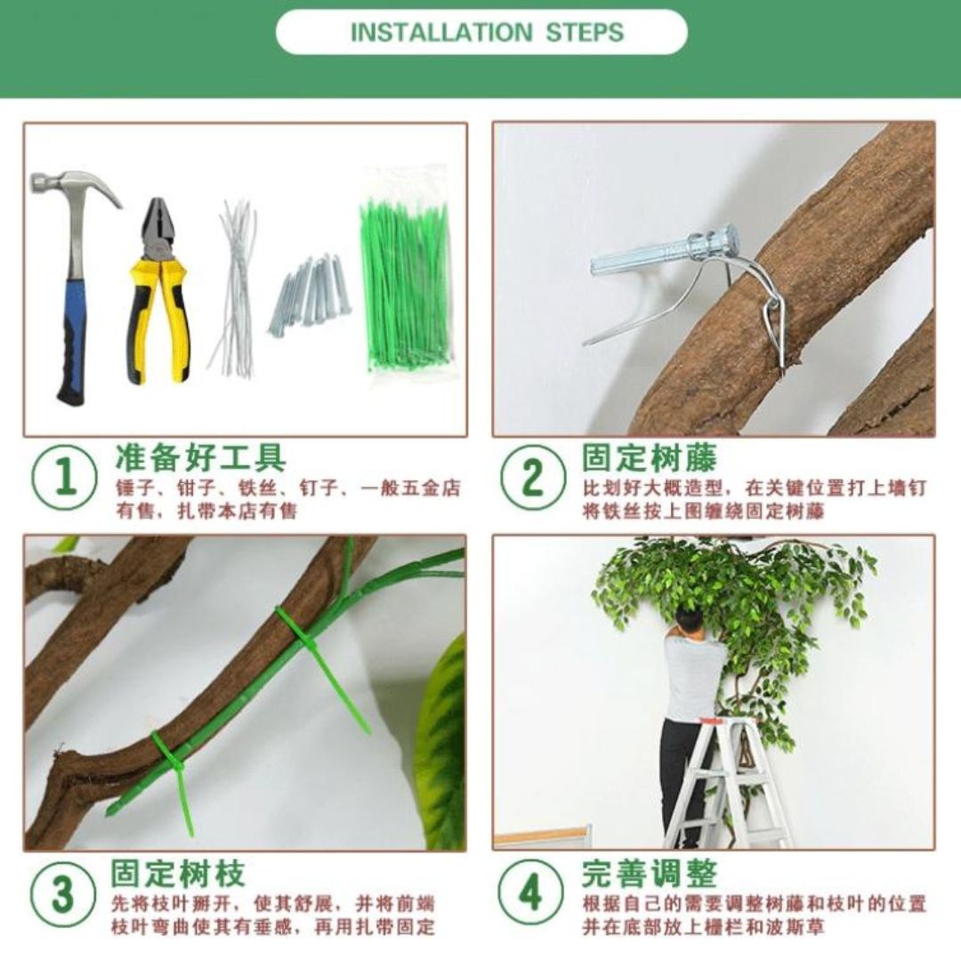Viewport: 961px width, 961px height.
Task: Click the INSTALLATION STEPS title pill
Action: pos(481,32)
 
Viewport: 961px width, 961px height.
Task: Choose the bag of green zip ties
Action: pos(405,273)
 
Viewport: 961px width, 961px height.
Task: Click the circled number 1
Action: pos(64,478)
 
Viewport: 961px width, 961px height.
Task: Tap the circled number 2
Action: pos(532,478)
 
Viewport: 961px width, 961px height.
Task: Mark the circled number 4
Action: pos(530,892)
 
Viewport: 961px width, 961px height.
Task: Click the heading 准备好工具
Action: pos(200,457)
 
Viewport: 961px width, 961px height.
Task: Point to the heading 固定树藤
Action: pos(650,456)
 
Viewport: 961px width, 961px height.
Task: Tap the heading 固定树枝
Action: pos(178,874)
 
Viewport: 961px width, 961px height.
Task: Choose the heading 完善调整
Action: pos(650,873)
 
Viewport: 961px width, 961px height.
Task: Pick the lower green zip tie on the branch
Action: pos(174,775)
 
